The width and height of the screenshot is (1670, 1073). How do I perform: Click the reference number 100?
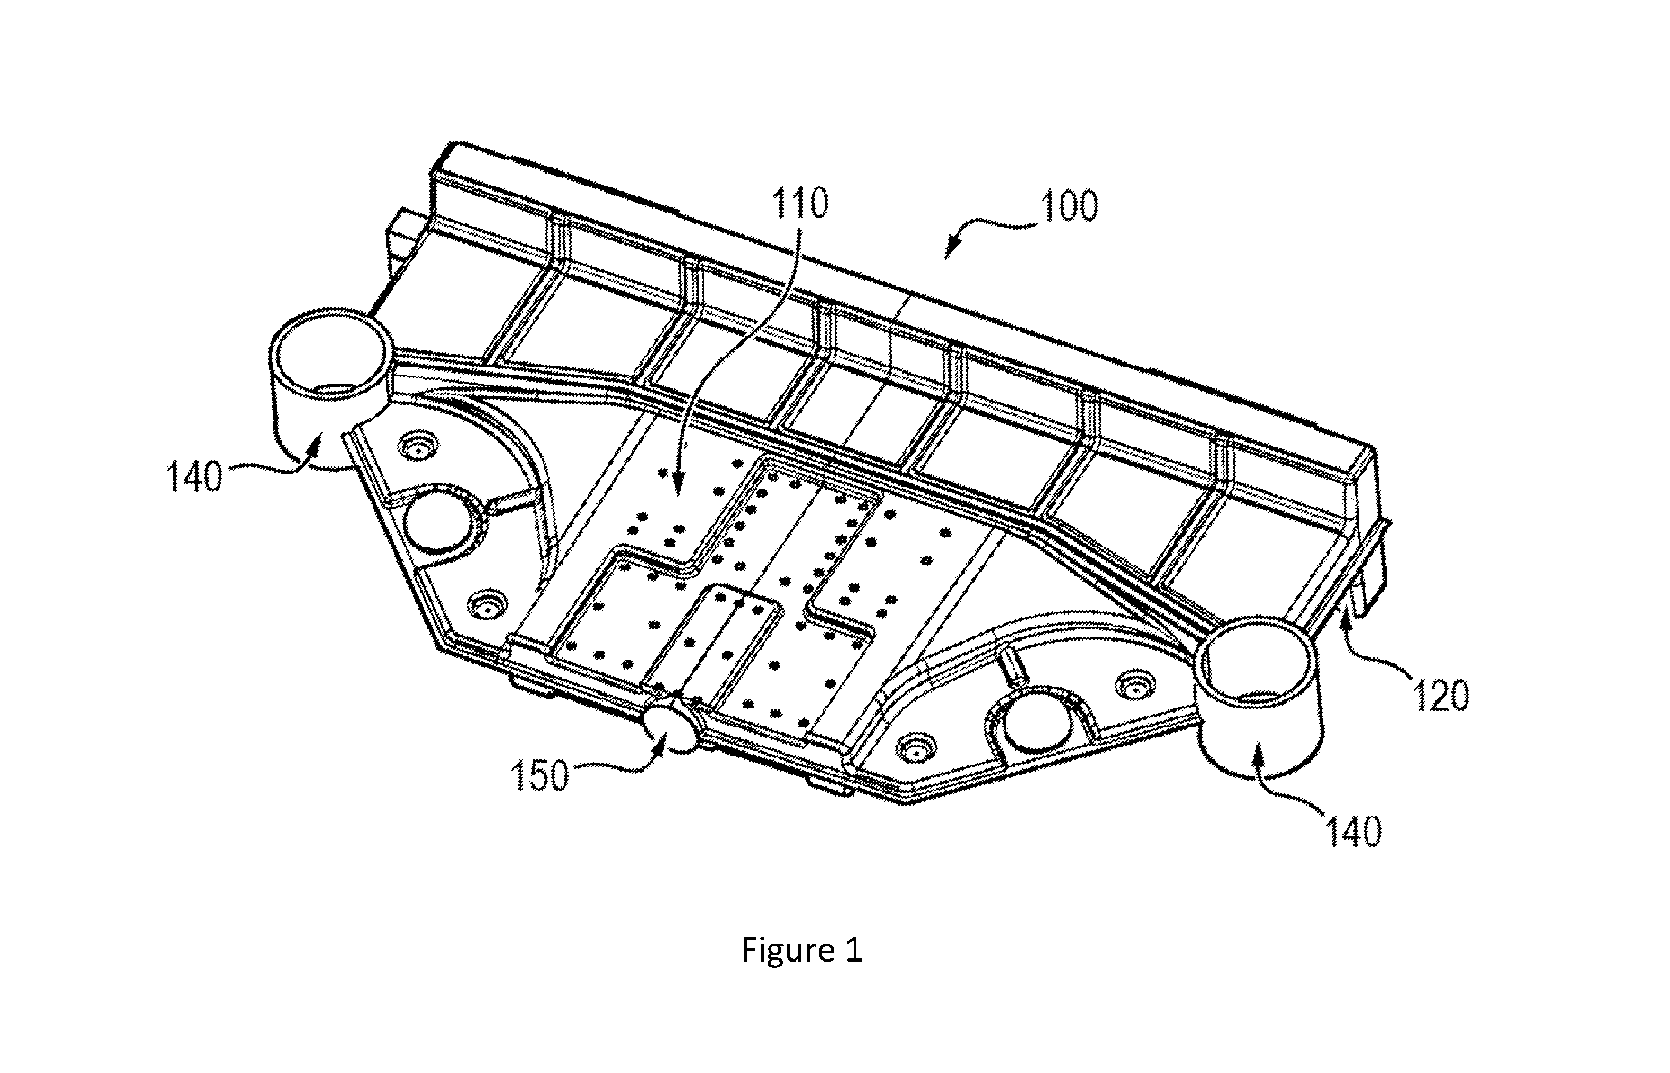(1069, 206)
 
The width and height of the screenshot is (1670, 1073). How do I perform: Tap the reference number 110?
(799, 203)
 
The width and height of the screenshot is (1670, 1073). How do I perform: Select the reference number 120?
(1441, 695)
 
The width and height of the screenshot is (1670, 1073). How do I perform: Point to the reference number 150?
(539, 775)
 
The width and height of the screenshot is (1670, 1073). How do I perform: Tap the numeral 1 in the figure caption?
(855, 950)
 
